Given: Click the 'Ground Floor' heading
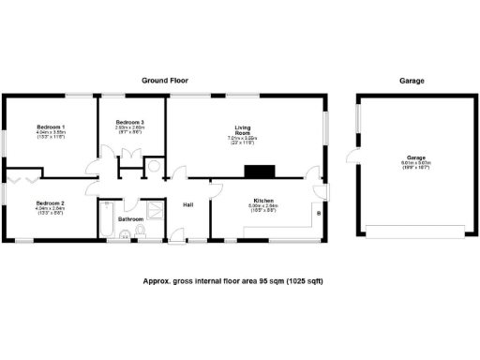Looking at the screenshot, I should [165, 82].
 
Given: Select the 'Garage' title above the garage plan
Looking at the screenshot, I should [412, 82].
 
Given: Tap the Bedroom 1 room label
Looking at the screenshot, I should [51, 126].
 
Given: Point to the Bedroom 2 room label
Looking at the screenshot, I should [50, 203].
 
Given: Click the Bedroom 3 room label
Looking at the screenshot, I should [129, 123].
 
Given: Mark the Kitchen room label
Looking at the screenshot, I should [262, 200].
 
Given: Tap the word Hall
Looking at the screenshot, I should [187, 205].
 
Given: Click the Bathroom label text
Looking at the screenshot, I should [130, 219].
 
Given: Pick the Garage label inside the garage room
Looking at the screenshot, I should [416, 157].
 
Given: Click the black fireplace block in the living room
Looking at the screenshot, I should [257, 172].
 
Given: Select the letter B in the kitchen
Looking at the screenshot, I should [318, 214].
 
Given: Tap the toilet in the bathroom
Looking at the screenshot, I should [140, 231].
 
